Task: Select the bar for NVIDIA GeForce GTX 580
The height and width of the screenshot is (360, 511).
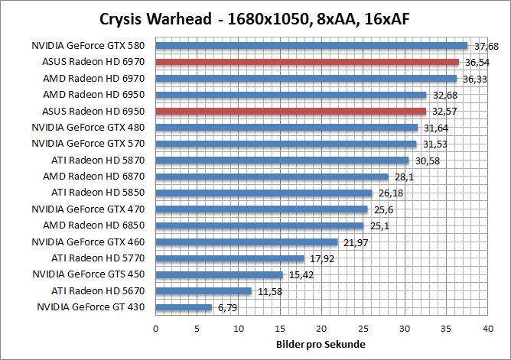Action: [x=311, y=45]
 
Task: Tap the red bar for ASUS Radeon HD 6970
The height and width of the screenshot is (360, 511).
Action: [x=307, y=62]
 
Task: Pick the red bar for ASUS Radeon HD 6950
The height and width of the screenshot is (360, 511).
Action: [x=291, y=111]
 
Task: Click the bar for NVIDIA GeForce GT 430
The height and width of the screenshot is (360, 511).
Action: [x=184, y=307]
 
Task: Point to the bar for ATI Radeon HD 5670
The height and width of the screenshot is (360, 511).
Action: [x=203, y=290]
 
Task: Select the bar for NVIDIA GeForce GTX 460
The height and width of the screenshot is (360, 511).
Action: [x=246, y=242]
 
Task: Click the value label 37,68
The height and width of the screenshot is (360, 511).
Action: [x=487, y=45]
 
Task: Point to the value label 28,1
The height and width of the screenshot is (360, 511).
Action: [x=404, y=177]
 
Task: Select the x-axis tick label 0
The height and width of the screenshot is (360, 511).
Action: [x=156, y=328]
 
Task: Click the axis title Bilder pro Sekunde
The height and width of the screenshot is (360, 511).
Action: [x=321, y=345]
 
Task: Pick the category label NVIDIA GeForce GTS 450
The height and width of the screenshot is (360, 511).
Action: [x=90, y=274]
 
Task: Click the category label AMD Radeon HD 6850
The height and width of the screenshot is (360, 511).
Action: [x=96, y=225]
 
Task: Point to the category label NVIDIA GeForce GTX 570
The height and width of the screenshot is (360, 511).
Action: [x=90, y=144]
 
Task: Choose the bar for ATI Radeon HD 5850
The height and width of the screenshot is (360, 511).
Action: [x=264, y=193]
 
